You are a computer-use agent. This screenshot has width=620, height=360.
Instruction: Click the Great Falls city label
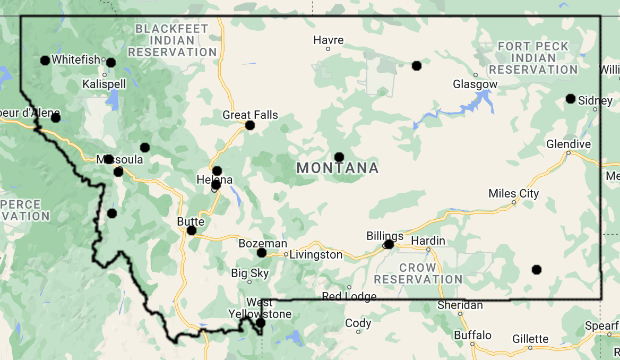(x=250, y=115)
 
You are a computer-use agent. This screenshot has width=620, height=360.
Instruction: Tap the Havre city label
(x=329, y=40)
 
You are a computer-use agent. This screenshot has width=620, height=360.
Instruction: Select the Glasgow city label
(x=475, y=84)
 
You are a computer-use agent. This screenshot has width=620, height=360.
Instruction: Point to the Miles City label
(x=513, y=193)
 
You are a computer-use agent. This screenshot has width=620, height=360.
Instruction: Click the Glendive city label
(x=569, y=144)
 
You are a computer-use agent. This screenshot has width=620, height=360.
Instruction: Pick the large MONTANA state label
(x=338, y=168)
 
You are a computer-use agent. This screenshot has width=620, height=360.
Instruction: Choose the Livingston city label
(x=316, y=254)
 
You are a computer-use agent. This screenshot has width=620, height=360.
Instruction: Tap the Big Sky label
(x=249, y=273)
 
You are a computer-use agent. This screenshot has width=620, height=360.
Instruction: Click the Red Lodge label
(x=349, y=296)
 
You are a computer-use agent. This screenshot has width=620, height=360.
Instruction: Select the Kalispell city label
(x=104, y=84)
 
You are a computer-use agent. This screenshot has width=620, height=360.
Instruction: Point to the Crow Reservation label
(x=418, y=273)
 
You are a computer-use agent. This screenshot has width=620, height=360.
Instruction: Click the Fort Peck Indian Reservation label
(x=533, y=58)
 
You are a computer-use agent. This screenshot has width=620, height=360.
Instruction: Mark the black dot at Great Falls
(x=250, y=126)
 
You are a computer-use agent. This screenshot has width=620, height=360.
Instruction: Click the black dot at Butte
(x=192, y=230)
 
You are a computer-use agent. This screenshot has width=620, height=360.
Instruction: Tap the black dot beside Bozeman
(x=262, y=253)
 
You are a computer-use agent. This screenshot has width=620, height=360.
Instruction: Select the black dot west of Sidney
(x=571, y=99)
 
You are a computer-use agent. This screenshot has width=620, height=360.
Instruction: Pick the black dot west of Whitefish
(x=45, y=61)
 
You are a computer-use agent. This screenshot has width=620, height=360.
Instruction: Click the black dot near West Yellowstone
(x=261, y=323)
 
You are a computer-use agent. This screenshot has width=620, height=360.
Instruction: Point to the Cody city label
(x=358, y=323)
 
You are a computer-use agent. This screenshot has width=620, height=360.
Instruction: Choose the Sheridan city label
(x=460, y=305)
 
